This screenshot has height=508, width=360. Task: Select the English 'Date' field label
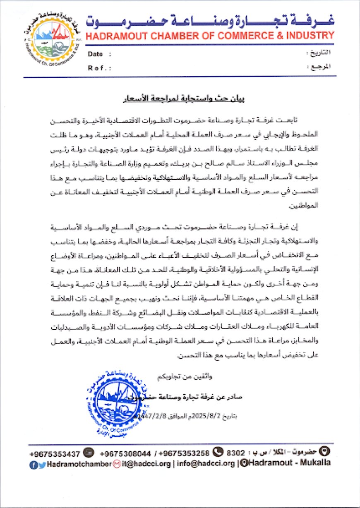coord(95,54)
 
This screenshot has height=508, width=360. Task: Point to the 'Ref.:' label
coord(98,68)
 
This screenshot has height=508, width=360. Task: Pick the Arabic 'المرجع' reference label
coord(321,67)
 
